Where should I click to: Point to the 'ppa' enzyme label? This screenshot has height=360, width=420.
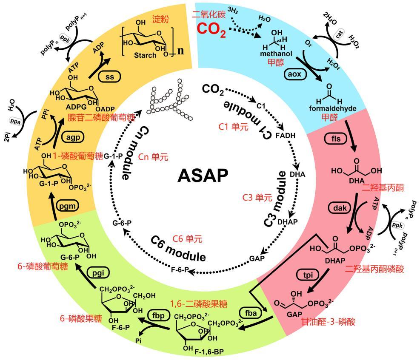[x=17, y=120]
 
